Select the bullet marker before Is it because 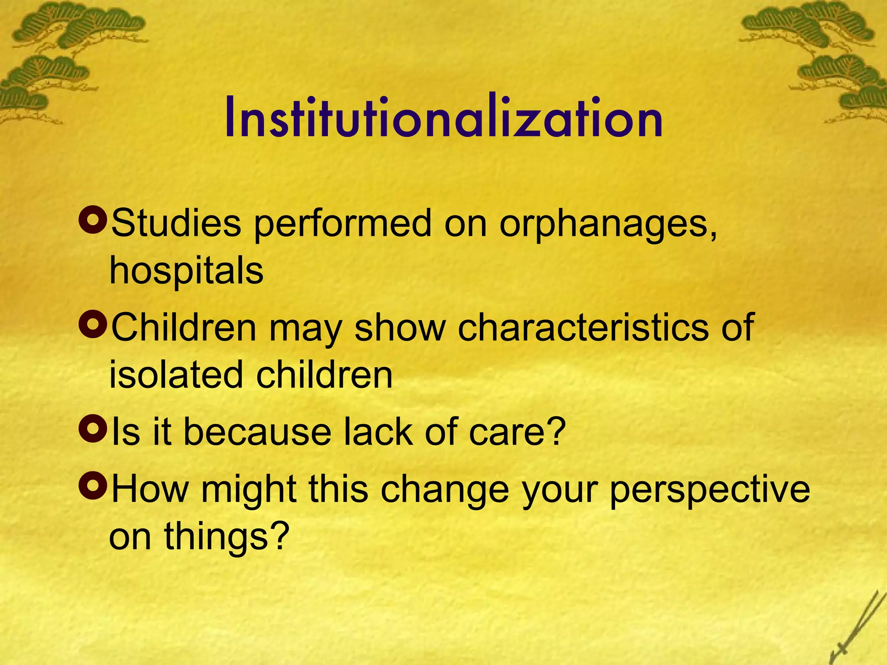coord(93,428)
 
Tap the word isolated coord(176,375)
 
